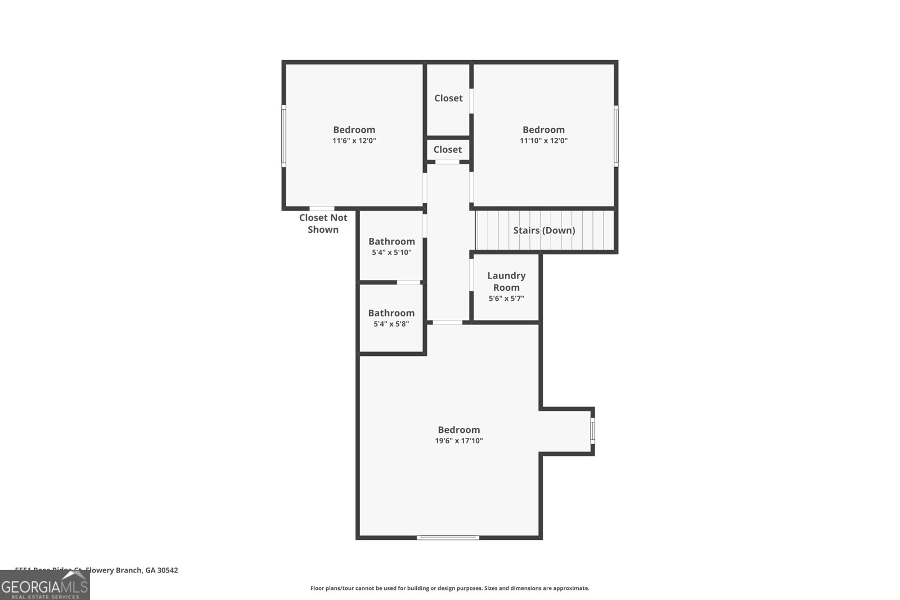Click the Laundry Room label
point(506,281)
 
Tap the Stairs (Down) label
point(544,231)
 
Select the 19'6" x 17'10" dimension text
point(459,441)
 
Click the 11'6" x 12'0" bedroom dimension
point(354,141)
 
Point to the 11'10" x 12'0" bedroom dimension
point(543,141)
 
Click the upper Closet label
point(448,98)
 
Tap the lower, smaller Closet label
point(448,150)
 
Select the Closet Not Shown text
point(323,223)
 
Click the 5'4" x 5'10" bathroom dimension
point(391,252)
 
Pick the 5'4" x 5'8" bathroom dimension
point(391,324)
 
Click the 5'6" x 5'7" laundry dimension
point(506,299)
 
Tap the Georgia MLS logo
point(44,586)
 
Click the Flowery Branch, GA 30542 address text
point(132,570)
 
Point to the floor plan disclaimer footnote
point(449,588)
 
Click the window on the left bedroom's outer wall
point(284,136)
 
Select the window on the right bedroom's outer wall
point(616,136)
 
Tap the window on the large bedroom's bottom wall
point(448,538)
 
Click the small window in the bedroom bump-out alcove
point(592,431)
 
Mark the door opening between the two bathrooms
point(409,282)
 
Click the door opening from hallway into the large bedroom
point(448,322)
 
